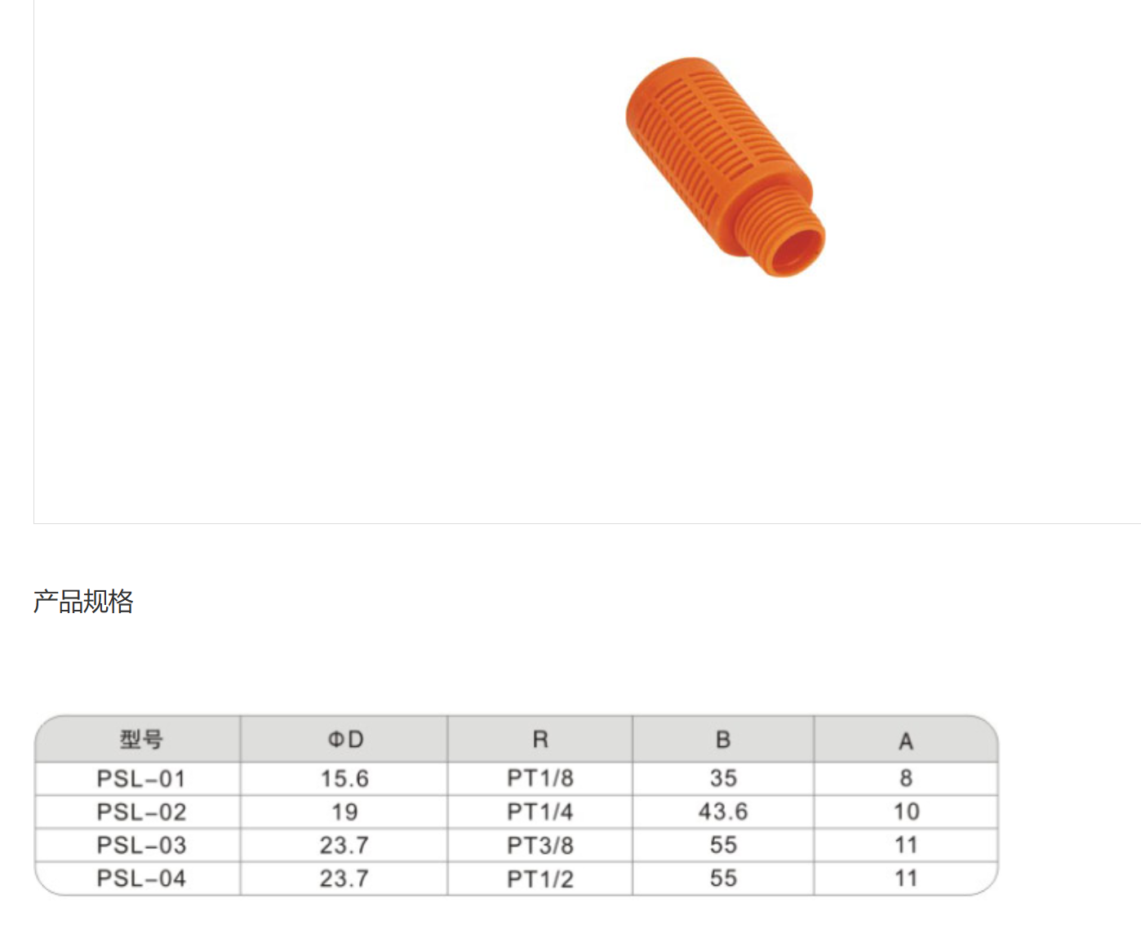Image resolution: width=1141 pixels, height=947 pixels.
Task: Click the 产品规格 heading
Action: (x=83, y=602)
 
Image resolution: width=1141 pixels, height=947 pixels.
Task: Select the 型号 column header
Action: (x=141, y=740)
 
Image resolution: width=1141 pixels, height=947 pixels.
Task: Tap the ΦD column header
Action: (x=345, y=740)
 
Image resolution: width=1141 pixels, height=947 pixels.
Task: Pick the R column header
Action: (x=540, y=740)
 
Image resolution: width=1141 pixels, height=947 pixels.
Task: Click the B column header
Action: (x=723, y=740)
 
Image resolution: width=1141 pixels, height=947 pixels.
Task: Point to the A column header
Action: (x=906, y=741)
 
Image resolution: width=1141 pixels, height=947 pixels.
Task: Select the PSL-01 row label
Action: (x=141, y=779)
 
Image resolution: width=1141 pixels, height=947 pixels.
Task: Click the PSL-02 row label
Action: (x=141, y=812)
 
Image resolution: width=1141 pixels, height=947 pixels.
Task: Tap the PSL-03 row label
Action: (x=141, y=845)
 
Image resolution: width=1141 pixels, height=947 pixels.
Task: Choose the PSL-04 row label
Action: (x=141, y=878)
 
